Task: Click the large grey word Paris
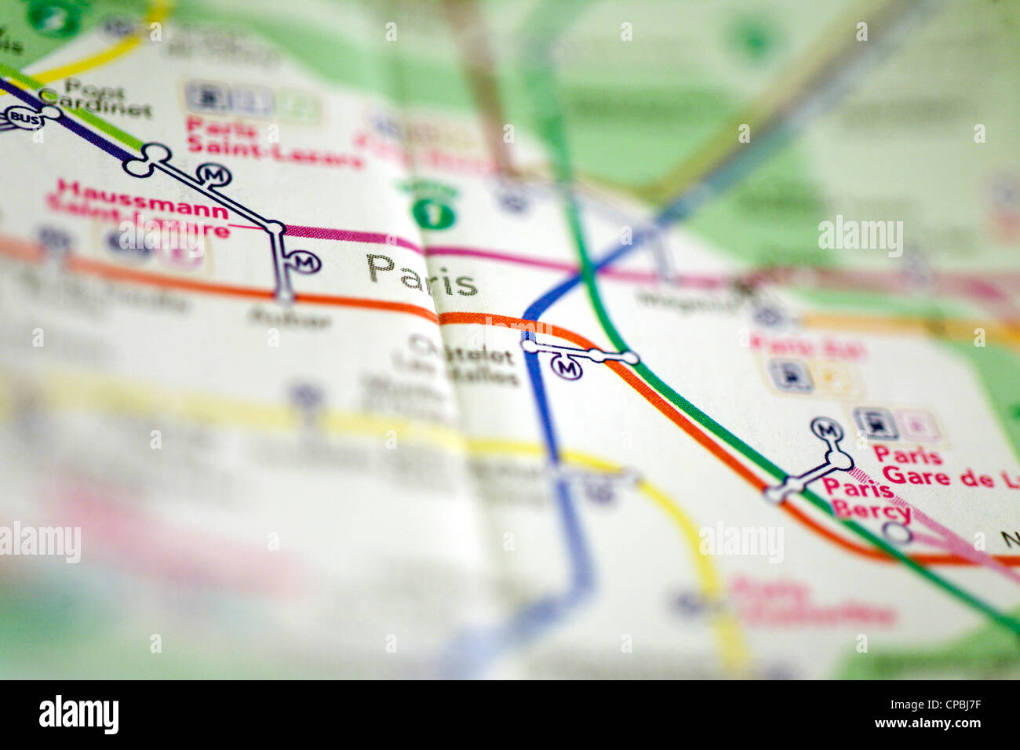(421, 274)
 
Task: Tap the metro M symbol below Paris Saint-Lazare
(213, 174)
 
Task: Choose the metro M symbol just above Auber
(304, 262)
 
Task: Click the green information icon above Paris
(433, 213)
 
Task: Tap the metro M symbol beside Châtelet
(566, 367)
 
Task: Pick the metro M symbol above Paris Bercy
(826, 430)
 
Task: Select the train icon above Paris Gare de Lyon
(875, 424)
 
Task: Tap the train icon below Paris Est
(789, 376)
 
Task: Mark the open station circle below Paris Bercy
(898, 533)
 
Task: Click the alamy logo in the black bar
(78, 715)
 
